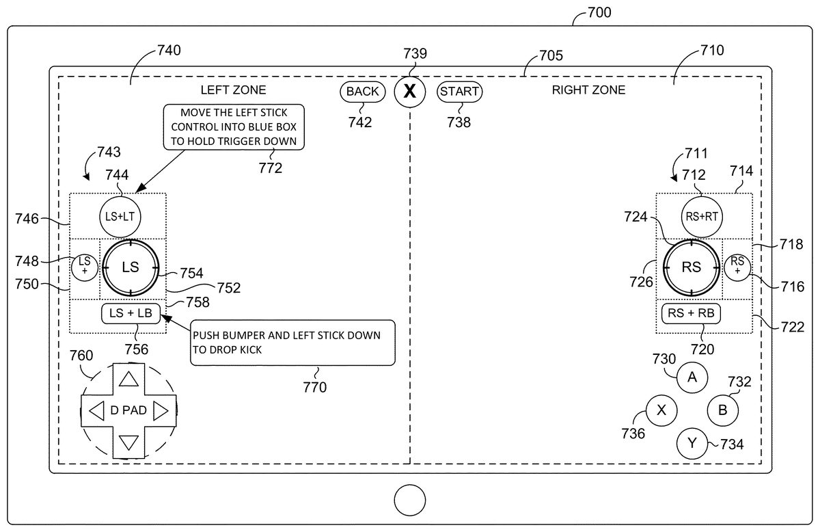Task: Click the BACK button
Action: coord(362,92)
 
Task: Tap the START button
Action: coord(460,92)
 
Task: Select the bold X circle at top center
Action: coord(409,92)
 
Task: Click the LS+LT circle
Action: coord(121,215)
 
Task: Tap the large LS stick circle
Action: coord(130,267)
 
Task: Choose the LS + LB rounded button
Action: coord(131,313)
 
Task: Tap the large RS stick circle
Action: coord(692,267)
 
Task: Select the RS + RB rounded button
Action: coord(692,313)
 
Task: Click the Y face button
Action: coord(692,443)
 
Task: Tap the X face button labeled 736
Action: coord(661,410)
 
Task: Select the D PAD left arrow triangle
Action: coord(96,410)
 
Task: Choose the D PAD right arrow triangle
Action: coord(161,410)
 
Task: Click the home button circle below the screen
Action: coord(410,500)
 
